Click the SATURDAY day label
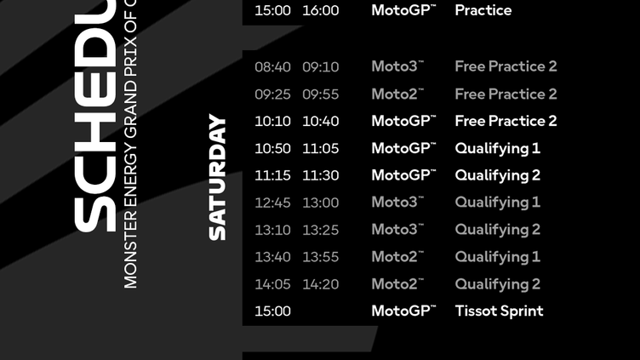pyautogui.click(x=218, y=177)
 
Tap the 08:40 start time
pyautogui.click(x=272, y=66)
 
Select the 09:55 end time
pyautogui.click(x=320, y=94)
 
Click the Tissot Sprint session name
pyautogui.click(x=499, y=311)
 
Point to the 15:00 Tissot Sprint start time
pyautogui.click(x=272, y=311)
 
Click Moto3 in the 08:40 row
pyautogui.click(x=397, y=66)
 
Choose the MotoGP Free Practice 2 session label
pyautogui.click(x=506, y=121)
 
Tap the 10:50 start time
pyautogui.click(x=272, y=148)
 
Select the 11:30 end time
pyautogui.click(x=320, y=175)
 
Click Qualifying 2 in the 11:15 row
pyautogui.click(x=497, y=175)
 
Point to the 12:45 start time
pyautogui.click(x=272, y=203)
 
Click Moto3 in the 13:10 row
pyautogui.click(x=397, y=230)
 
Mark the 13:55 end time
pyautogui.click(x=320, y=257)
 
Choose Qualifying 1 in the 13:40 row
pyautogui.click(x=497, y=257)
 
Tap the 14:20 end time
pyautogui.click(x=320, y=284)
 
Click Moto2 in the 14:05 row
pyautogui.click(x=397, y=284)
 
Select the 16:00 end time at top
pyautogui.click(x=320, y=11)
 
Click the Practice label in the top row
pyautogui.click(x=483, y=11)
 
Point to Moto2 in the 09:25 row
pyautogui.click(x=397, y=94)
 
